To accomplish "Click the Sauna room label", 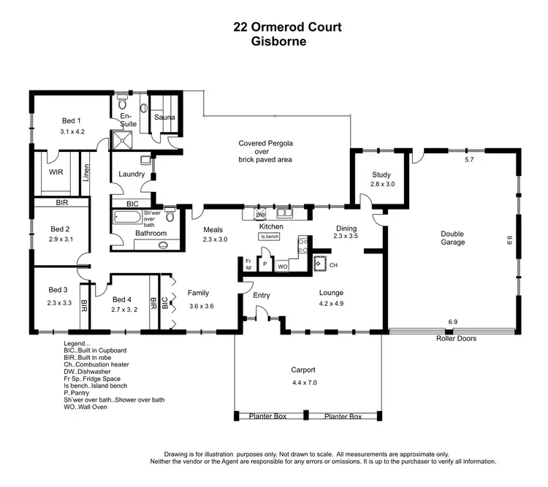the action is [x=164, y=116].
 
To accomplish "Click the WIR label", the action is [x=56, y=173].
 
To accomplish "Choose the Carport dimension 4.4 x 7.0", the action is [x=306, y=383].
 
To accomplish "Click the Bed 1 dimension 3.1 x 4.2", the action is [x=73, y=132].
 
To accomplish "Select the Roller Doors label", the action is [x=457, y=338].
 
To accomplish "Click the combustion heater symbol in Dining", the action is [x=319, y=263].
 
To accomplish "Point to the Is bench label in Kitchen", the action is [x=270, y=237].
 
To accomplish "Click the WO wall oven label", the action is [x=283, y=267].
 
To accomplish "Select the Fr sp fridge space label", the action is [x=248, y=264].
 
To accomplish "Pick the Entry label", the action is [x=262, y=295].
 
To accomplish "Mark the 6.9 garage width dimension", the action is [x=452, y=322].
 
